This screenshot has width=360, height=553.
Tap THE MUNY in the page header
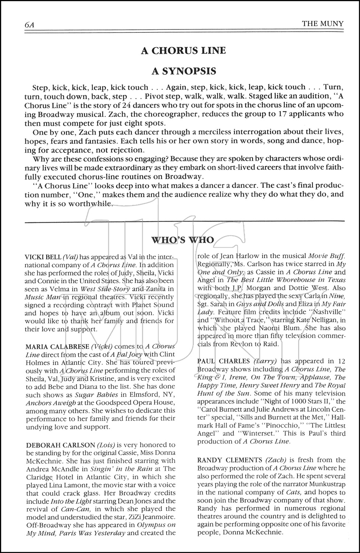coord(322,24)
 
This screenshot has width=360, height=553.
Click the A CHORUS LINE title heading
coord(183,51)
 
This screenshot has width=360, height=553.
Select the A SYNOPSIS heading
coord(183,71)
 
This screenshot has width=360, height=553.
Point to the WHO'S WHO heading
coord(183,240)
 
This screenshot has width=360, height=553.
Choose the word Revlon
coord(240,344)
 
